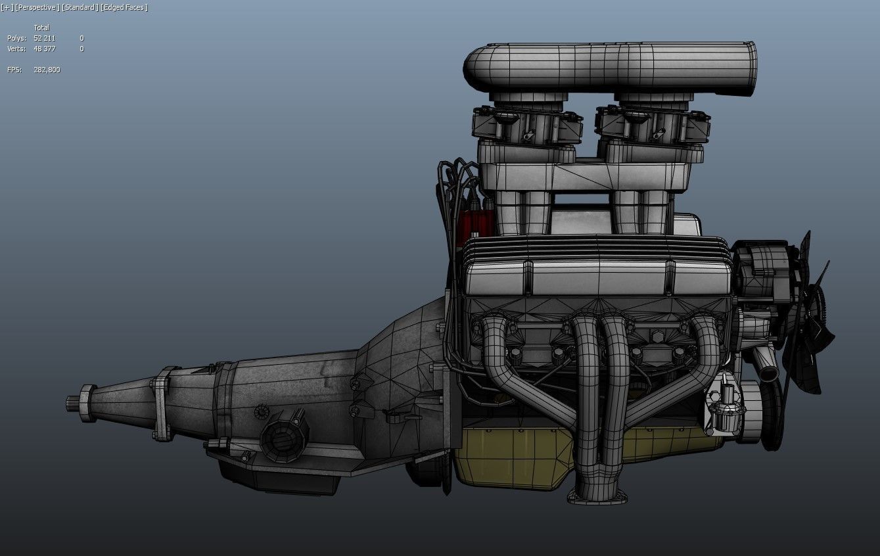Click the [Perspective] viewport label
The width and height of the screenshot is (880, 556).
point(36,7)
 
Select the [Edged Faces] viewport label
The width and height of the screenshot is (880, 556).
point(124,7)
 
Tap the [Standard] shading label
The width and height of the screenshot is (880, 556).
point(80,7)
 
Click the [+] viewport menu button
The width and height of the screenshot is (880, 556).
point(7,7)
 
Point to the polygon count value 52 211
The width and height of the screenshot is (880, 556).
point(44,38)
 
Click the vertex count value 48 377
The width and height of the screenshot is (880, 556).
point(44,49)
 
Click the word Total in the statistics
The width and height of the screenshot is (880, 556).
point(41,28)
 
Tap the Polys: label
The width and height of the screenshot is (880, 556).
point(16,38)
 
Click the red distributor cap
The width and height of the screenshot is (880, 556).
point(470,223)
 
